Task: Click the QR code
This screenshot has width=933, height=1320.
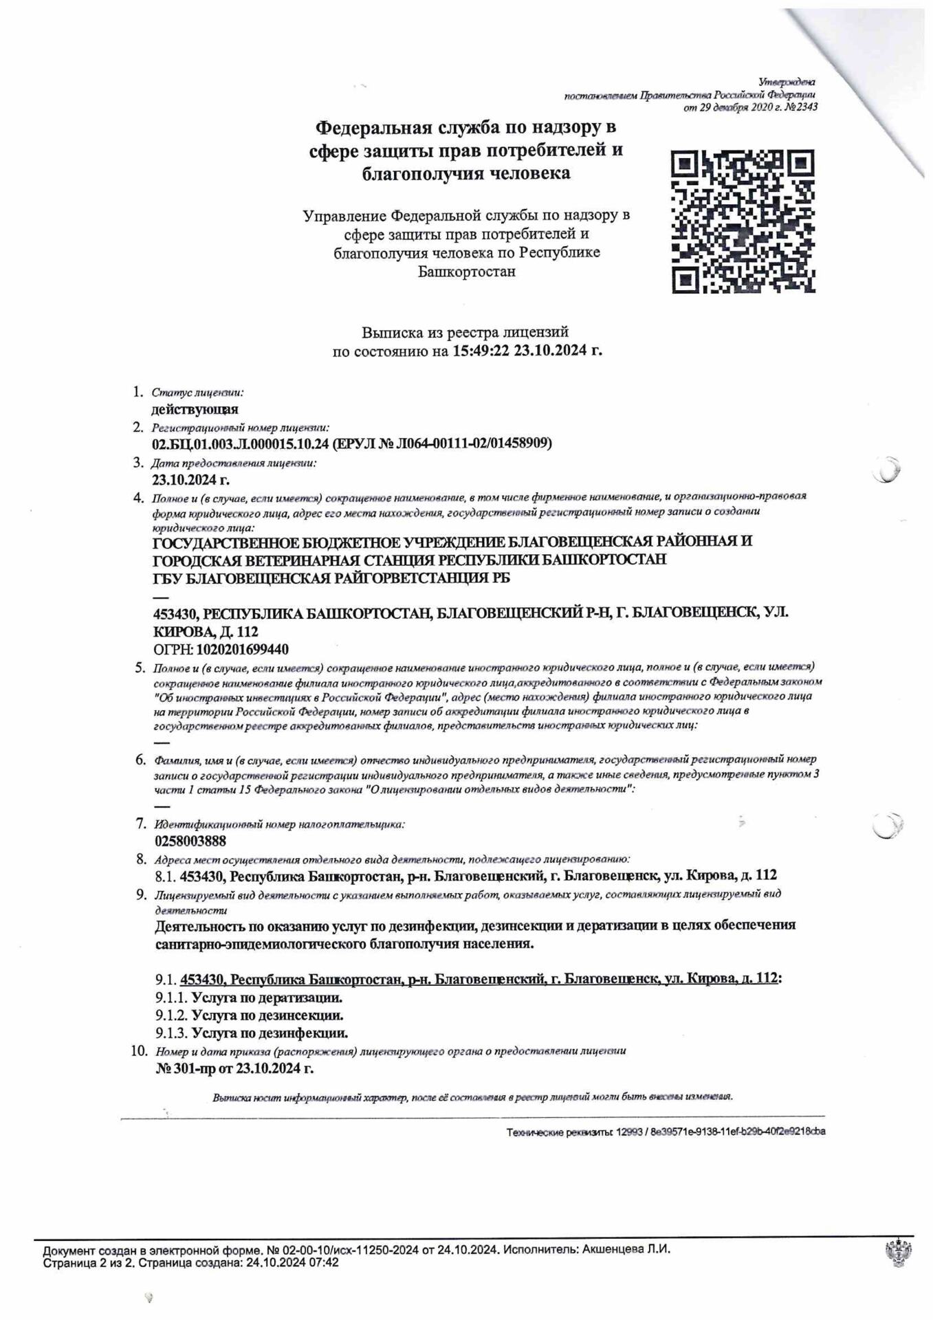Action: pos(743,221)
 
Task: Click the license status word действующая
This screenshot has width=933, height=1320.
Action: pos(195,410)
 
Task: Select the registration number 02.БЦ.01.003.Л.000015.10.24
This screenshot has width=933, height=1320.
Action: pos(240,443)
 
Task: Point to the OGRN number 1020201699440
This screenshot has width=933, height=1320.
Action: pos(243,649)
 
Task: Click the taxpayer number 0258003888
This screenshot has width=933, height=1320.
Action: pos(190,841)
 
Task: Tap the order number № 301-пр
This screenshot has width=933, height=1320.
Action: pos(186,1068)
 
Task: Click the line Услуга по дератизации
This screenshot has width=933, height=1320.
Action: pos(267,997)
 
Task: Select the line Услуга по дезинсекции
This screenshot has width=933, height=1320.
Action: pos(267,1015)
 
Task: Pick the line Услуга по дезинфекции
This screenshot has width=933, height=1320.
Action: pos(270,1033)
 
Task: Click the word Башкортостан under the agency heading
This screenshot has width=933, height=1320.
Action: pos(467,271)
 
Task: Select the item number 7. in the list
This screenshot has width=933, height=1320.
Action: pos(141,823)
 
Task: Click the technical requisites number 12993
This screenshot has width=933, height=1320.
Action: pos(628,1132)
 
